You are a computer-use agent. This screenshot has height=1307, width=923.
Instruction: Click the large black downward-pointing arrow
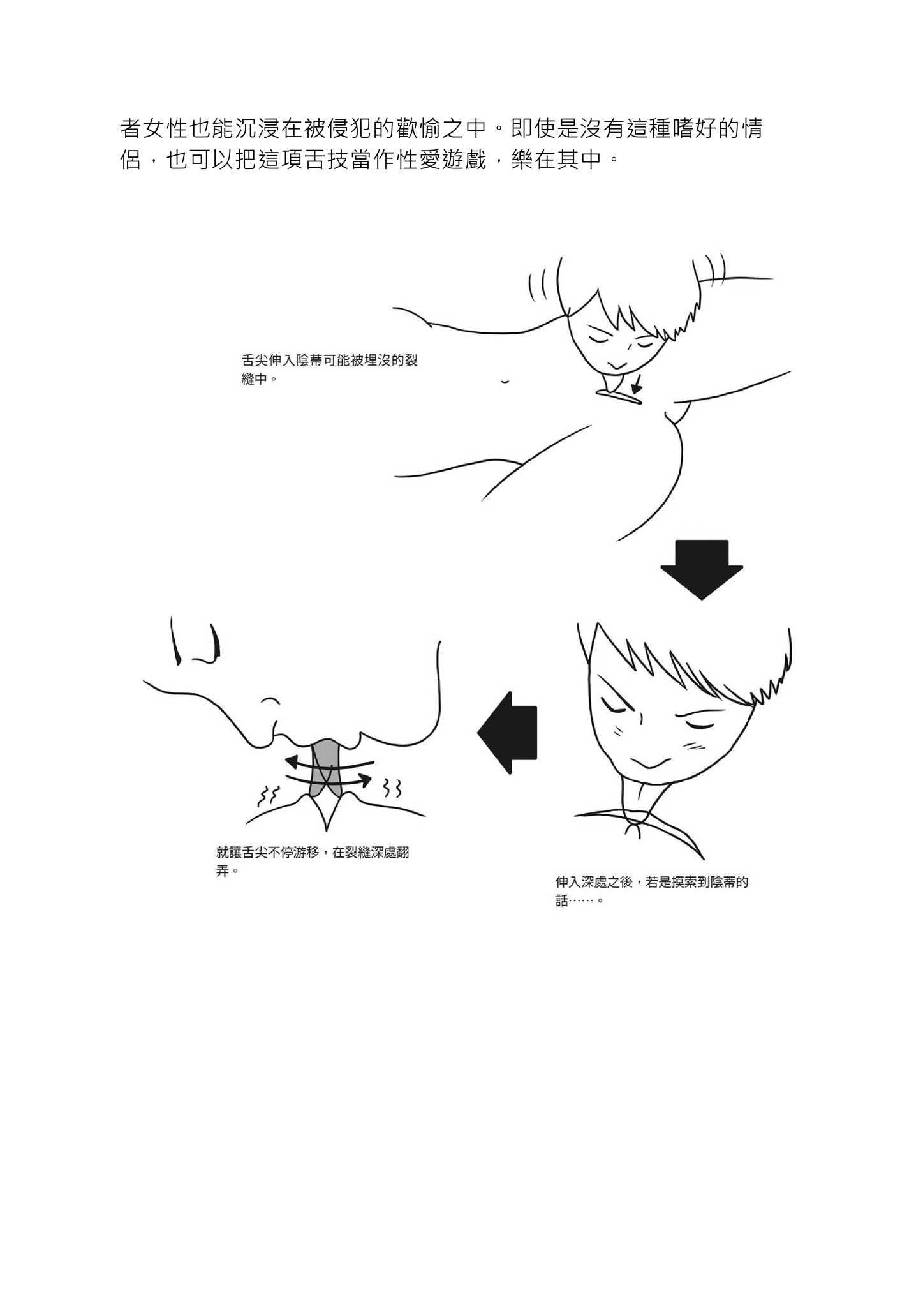tap(701, 569)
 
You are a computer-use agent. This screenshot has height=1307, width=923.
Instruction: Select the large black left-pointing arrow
tap(508, 733)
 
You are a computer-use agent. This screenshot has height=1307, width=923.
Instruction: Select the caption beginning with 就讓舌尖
tap(313, 862)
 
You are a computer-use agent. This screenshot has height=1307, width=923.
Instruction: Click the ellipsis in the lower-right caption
tap(584, 901)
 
